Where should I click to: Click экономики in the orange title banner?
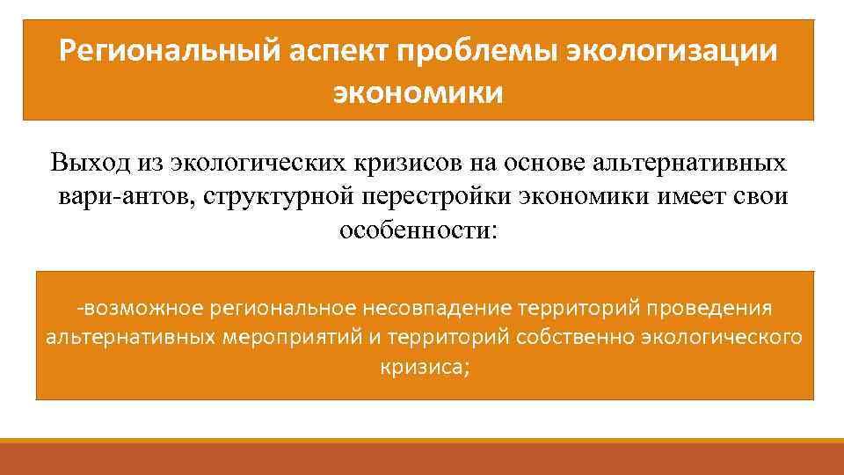[x=418, y=91]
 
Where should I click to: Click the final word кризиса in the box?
[x=425, y=367]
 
